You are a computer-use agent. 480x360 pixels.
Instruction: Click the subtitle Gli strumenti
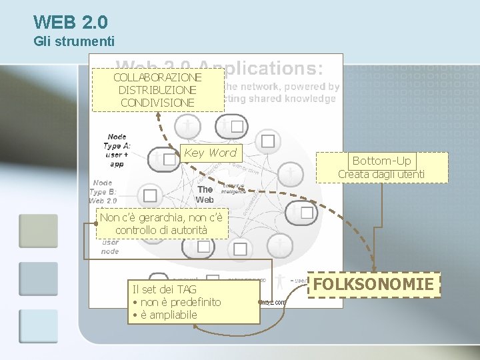74,42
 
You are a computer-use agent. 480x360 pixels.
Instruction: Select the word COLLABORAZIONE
157,77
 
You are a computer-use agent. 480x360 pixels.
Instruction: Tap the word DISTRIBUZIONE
157,90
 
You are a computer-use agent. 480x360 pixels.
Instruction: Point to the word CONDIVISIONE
157,103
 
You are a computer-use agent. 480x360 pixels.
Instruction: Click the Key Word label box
210,153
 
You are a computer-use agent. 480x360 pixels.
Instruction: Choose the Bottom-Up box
381,161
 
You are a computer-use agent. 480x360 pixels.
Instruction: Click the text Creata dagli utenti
381,175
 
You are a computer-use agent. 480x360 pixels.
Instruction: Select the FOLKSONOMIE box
373,285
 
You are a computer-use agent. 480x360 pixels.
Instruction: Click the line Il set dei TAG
165,289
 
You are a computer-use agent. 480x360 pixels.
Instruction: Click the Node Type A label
117,150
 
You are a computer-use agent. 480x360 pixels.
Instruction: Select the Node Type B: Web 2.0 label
103,191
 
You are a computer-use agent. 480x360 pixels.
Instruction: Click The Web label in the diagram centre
205,194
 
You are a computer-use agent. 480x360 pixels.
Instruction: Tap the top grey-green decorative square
38,231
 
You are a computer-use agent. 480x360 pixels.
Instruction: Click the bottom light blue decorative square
38,326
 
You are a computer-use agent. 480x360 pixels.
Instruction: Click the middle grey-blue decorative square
38,279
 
